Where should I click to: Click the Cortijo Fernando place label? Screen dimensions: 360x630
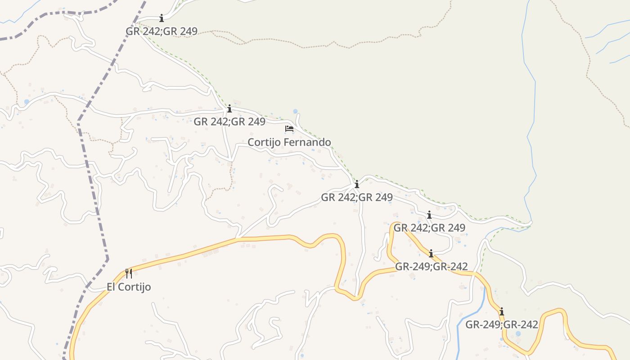(x=289, y=142)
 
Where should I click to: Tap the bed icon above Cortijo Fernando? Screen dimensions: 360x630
(x=289, y=129)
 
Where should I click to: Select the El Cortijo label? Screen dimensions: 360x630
(x=129, y=287)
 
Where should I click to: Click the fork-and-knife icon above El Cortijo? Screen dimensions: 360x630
(x=129, y=273)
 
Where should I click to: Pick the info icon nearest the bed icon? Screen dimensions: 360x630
(x=229, y=109)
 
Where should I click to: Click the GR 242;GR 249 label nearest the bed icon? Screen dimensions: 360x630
(x=229, y=121)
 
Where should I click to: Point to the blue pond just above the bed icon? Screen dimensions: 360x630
(x=295, y=111)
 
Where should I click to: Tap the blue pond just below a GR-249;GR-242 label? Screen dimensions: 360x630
(x=518, y=334)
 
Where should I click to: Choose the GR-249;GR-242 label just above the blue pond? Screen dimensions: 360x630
(x=501, y=324)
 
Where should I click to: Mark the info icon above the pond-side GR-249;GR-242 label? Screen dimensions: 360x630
(x=501, y=311)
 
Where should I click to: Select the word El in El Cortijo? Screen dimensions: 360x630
(x=112, y=287)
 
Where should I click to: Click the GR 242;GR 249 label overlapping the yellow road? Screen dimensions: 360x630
(x=429, y=228)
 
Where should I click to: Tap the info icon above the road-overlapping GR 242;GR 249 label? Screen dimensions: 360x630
(x=429, y=215)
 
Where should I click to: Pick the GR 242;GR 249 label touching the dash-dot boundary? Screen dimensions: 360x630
(x=162, y=31)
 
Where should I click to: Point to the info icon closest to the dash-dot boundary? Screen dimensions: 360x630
(x=162, y=18)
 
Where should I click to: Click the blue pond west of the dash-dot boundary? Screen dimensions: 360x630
(x=27, y=102)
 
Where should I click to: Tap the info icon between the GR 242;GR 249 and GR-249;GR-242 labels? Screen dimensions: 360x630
(x=431, y=254)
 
